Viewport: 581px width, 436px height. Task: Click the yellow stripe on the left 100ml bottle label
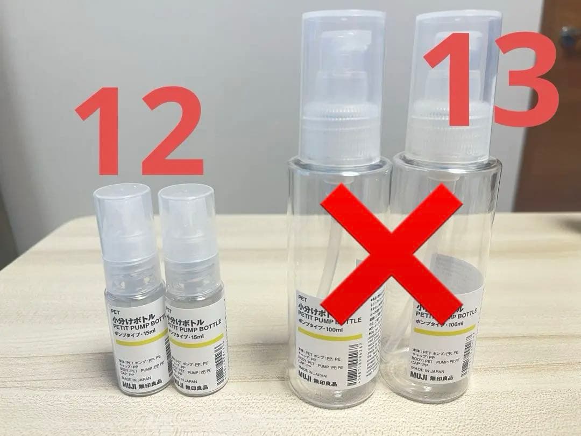(329, 335)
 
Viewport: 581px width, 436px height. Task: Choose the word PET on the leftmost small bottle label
(115, 311)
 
